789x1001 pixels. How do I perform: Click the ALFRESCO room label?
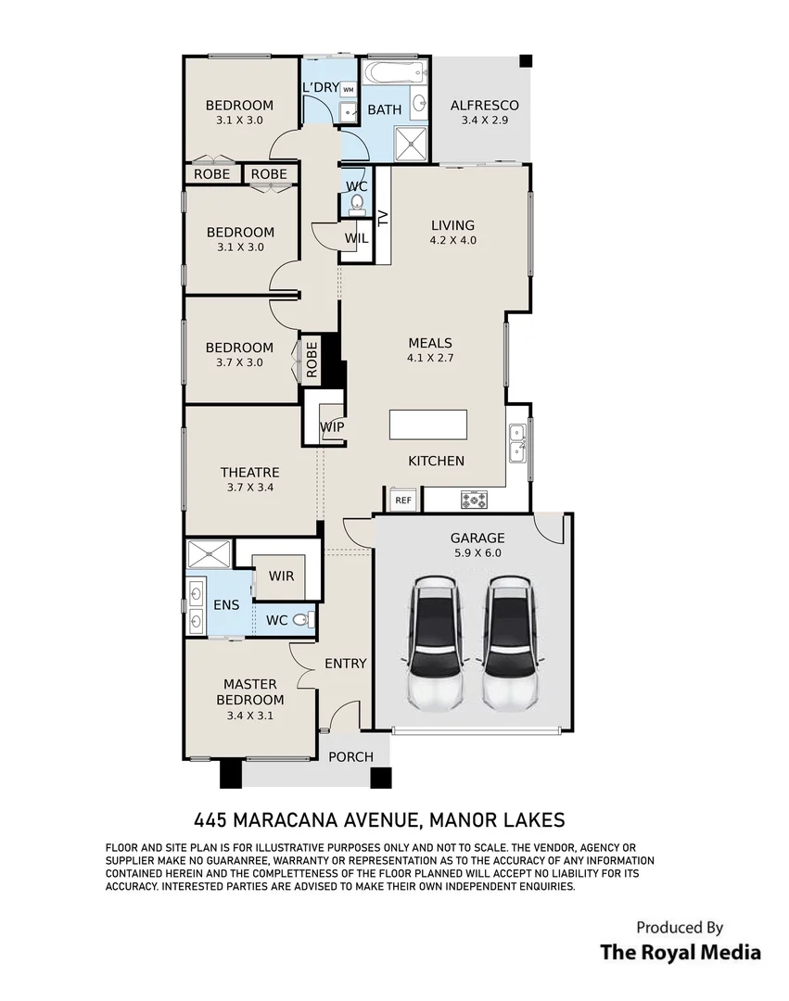tap(485, 106)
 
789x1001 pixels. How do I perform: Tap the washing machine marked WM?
tap(349, 90)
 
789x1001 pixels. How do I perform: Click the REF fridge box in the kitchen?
tap(402, 500)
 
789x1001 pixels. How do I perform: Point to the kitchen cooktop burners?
tap(475, 500)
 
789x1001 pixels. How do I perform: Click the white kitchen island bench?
tap(428, 424)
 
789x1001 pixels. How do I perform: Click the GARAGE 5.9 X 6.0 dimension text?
tap(477, 553)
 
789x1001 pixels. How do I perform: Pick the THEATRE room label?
tap(250, 473)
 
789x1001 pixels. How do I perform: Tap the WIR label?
tap(282, 576)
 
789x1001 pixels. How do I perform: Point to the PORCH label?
tap(350, 757)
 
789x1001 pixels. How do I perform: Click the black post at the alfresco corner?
tap(526, 61)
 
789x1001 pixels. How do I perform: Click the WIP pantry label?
tap(333, 426)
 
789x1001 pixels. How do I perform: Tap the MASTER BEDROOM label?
tap(250, 692)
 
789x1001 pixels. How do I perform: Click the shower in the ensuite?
tap(210, 553)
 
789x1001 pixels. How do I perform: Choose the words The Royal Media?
tap(681, 953)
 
